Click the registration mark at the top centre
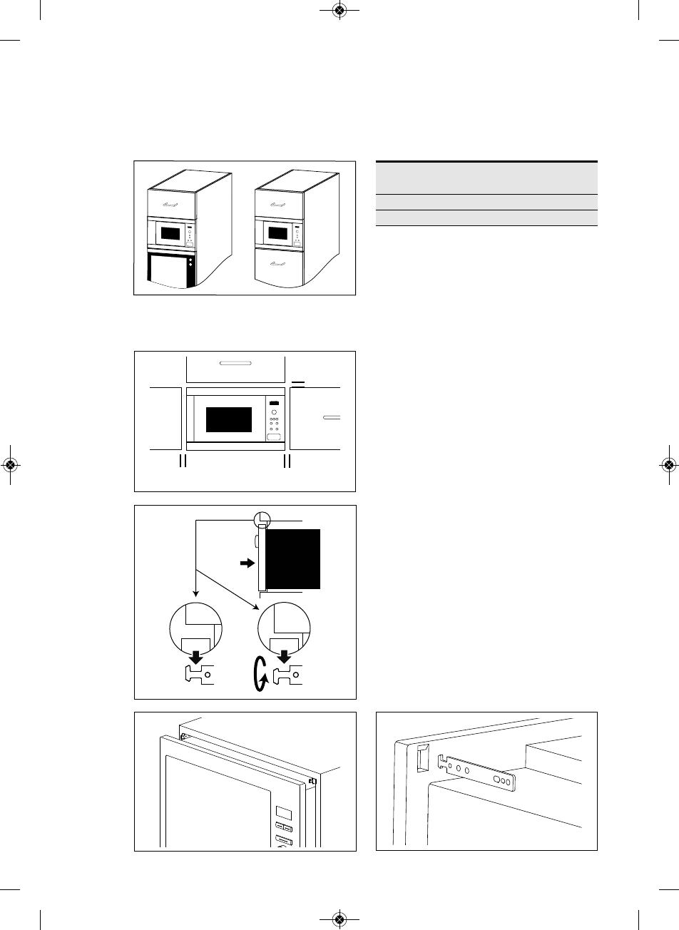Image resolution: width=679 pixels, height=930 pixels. click(339, 10)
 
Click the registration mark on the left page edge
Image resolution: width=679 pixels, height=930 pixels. click(10, 464)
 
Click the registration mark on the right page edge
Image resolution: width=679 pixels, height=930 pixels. click(669, 464)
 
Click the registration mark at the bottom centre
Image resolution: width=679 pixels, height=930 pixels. click(339, 919)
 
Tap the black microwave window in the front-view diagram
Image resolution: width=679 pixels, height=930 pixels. click(229, 419)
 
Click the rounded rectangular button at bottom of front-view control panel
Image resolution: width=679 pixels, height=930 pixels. click(274, 437)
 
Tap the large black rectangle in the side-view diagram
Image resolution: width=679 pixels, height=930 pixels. click(294, 558)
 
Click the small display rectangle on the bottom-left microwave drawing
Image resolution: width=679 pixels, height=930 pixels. click(282, 812)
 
